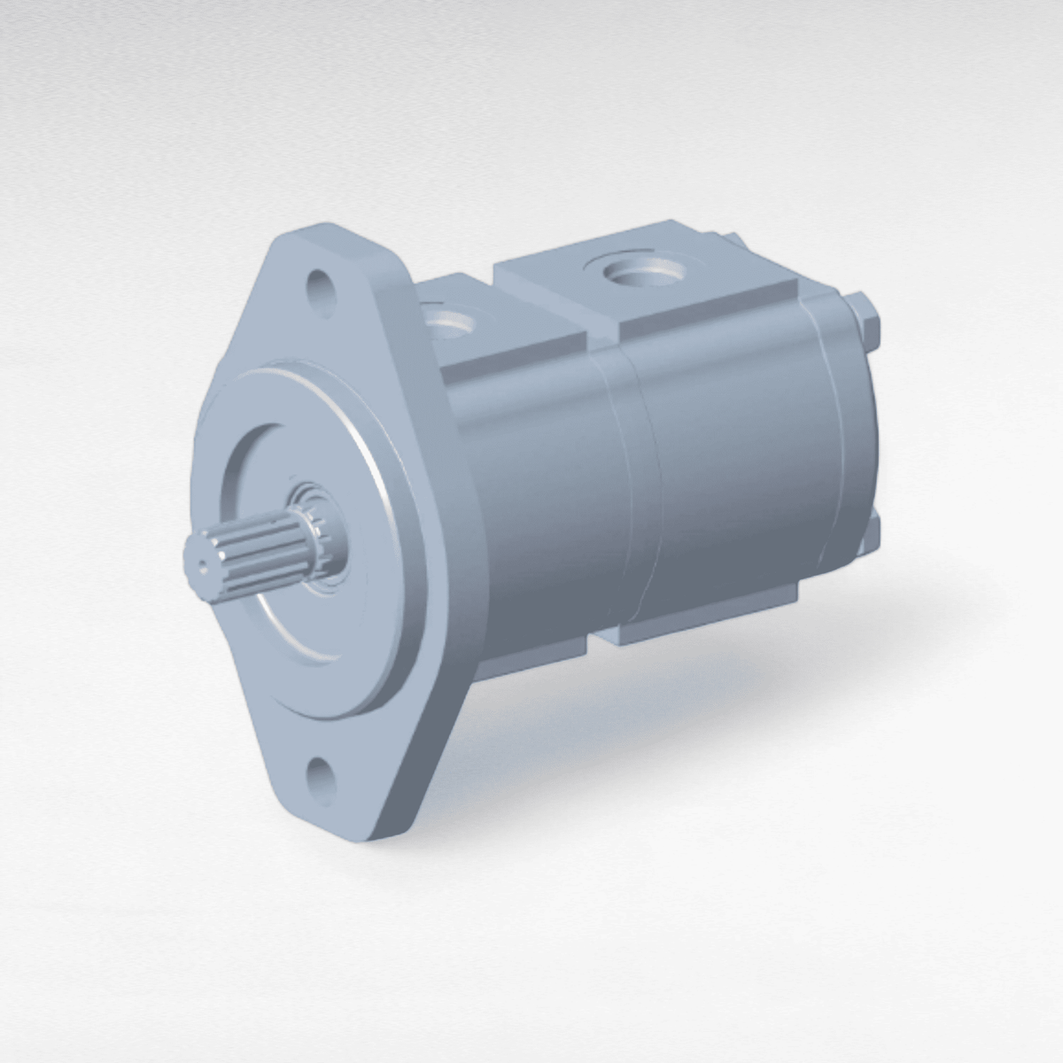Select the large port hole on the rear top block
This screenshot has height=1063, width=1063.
click(645, 272)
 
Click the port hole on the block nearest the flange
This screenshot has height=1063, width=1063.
click(453, 322)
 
